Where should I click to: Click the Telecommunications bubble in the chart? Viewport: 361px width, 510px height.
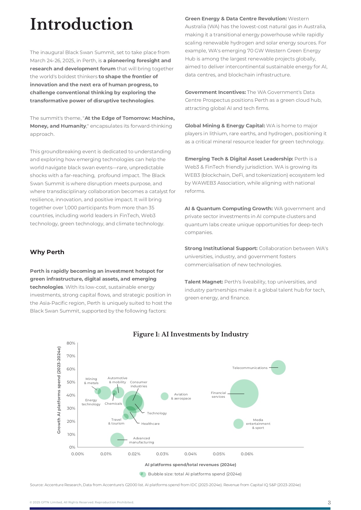[x=278, y=368]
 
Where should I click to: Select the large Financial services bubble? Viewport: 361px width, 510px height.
[x=244, y=393]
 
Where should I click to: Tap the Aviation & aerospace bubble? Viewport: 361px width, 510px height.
[x=165, y=396]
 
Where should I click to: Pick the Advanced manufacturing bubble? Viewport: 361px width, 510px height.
[x=117, y=440]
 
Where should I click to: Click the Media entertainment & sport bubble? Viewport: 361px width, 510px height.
[x=238, y=424]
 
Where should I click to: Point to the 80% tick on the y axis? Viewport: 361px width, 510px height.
[x=71, y=343]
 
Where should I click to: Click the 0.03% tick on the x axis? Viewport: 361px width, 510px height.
[x=162, y=454]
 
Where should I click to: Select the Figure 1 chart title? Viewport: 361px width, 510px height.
[x=191, y=334]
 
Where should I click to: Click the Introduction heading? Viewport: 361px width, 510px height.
[x=81, y=24]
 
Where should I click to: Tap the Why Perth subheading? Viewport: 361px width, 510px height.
[x=47, y=252]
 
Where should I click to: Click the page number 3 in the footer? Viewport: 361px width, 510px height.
[x=329, y=502]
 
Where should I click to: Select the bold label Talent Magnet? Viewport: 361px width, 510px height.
[x=204, y=282]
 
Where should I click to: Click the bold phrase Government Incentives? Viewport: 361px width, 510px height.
[x=215, y=92]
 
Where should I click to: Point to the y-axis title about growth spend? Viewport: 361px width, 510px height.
[x=59, y=390]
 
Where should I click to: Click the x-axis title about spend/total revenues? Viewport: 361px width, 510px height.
[x=191, y=465]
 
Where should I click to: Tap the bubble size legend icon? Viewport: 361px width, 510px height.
[x=143, y=474]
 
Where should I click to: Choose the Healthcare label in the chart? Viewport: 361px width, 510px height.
[x=150, y=424]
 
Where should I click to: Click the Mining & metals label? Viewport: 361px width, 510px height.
[x=91, y=381]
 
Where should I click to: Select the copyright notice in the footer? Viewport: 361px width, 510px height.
[x=82, y=502]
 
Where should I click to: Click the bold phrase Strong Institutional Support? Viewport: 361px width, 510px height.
[x=221, y=248]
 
